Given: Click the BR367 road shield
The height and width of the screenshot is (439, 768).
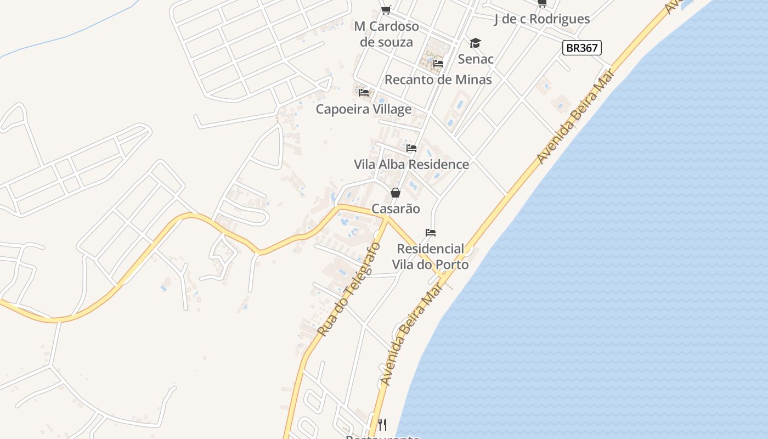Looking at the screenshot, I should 582,48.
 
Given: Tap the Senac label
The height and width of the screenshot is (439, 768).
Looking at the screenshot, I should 476,59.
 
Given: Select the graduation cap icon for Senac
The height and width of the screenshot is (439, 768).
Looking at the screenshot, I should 475,43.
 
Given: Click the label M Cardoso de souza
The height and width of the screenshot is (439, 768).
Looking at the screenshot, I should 386,34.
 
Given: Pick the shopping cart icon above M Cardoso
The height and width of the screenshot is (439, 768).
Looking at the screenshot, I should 386,10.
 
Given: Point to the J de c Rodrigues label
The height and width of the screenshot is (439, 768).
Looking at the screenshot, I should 542,19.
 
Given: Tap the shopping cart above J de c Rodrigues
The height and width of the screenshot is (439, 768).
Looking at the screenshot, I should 542,3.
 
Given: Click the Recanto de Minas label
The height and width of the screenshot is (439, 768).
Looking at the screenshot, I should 438,80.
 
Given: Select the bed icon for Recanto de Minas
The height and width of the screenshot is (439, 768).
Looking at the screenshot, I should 438,64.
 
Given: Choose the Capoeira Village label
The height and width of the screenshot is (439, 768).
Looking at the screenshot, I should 363,109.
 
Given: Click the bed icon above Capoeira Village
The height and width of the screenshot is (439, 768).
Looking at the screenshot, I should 363,92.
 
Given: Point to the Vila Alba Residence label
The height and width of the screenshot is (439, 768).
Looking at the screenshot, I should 411,164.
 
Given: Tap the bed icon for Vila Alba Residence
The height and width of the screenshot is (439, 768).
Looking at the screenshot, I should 411,148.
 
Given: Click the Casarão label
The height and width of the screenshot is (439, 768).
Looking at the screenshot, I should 396,209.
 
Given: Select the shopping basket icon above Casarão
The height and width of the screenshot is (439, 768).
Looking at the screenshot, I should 395,193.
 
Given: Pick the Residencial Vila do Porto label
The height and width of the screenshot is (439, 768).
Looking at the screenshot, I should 430,257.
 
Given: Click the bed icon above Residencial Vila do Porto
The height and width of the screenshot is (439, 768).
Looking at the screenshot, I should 431,233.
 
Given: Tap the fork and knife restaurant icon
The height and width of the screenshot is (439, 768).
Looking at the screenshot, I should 382,424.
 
